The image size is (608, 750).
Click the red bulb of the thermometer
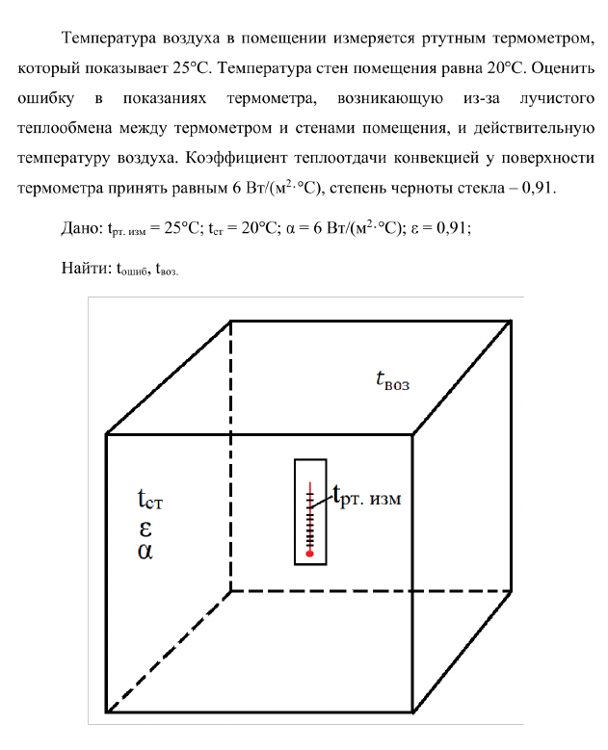(x=309, y=554)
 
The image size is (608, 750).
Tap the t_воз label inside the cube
(x=392, y=381)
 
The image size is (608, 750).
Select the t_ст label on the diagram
(x=155, y=501)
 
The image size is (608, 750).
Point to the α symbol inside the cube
(x=145, y=553)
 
